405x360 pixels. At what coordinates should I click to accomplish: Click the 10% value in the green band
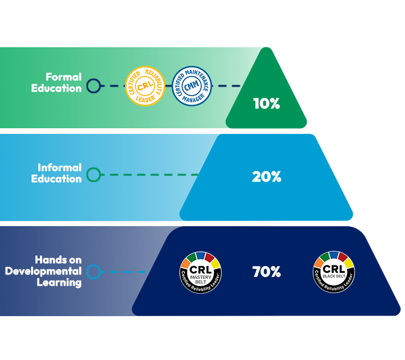[266, 104]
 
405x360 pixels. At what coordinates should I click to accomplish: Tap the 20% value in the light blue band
[266, 177]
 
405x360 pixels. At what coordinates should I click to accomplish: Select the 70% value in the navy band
[266, 272]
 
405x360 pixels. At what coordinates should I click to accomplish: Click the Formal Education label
[63, 82]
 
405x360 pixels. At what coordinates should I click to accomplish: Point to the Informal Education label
[60, 173]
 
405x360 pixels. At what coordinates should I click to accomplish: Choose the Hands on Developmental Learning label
[44, 271]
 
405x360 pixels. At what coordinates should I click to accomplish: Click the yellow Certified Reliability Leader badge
[145, 86]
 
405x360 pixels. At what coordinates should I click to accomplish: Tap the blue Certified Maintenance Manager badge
[191, 86]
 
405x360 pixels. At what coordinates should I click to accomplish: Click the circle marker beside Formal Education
[94, 86]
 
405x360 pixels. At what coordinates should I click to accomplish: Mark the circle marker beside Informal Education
[94, 175]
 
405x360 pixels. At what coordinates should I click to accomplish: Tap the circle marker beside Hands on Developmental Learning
[94, 272]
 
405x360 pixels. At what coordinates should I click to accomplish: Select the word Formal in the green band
[64, 77]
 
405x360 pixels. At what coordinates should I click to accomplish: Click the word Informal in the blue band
[60, 168]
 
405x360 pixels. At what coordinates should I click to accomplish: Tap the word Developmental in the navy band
[44, 271]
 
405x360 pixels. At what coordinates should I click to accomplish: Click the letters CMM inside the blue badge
[191, 86]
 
